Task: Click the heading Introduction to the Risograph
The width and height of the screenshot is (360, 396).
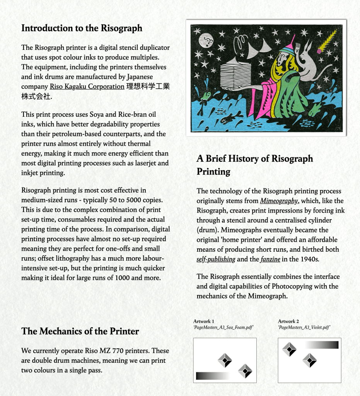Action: click(82, 28)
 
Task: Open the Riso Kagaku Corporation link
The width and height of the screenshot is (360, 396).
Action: click(87, 87)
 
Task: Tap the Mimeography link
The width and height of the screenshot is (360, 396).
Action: click(279, 201)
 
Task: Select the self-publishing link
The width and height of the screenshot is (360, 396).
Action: click(216, 259)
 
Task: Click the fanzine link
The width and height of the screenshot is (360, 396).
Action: click(270, 259)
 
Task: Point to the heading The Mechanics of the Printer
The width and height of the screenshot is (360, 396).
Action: click(80, 331)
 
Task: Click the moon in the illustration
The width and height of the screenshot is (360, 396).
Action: click(206, 39)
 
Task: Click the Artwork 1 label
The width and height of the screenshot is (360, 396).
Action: click(204, 321)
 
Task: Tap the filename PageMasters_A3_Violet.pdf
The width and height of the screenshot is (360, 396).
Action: click(304, 328)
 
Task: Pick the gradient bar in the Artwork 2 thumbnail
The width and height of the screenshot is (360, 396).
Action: click(321, 345)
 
